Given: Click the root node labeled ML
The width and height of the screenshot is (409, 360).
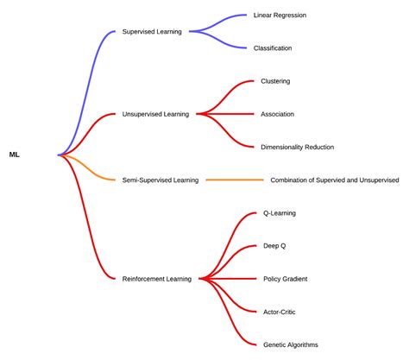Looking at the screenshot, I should pos(15,155).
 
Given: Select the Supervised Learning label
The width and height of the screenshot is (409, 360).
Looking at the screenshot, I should pos(151,32).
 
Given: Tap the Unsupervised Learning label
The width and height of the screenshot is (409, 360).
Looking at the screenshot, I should pos(156,114).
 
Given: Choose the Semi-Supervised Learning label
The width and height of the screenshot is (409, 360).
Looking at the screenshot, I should pos(161,180).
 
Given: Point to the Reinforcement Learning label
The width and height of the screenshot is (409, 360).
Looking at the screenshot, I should pos(158,278).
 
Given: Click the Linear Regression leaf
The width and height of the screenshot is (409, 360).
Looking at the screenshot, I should pos(280,15).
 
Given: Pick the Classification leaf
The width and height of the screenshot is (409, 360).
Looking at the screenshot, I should pos(273,48).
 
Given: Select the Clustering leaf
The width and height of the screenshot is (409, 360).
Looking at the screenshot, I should pos(275,81).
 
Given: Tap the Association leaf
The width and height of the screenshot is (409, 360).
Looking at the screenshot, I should pos(277,114).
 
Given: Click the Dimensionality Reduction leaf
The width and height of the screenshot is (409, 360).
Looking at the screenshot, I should pos(297,147).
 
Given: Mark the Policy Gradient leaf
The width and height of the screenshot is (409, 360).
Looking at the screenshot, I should pos(285,278).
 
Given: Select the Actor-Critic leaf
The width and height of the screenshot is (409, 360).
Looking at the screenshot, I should pos(280,311).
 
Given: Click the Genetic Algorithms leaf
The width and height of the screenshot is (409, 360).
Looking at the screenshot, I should pos(290,344).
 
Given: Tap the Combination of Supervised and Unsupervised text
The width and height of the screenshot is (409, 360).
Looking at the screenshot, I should pos(334,180).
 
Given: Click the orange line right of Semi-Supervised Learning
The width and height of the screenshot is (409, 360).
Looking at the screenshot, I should pos(235,180).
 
